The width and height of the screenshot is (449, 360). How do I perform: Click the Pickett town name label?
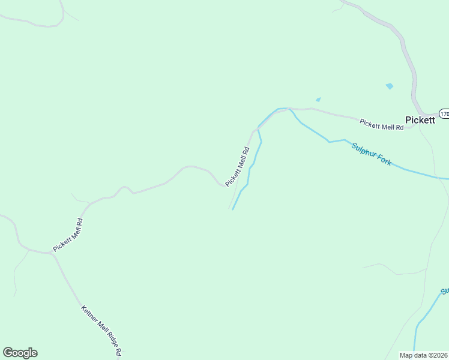pos(420,120)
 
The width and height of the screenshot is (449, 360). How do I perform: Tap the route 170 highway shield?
pos(444,113)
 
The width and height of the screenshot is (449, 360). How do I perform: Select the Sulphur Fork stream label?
pos(372,154)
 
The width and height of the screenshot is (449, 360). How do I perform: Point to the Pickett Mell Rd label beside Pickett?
pos(381,125)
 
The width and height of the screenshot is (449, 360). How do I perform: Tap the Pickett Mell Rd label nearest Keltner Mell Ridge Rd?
pos(67,235)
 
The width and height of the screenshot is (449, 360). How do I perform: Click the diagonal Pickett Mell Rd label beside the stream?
pos(237,166)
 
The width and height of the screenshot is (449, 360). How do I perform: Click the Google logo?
pos(20,353)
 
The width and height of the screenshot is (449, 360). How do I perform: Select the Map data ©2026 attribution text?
pos(424,355)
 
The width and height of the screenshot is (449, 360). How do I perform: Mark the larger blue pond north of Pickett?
pos(390,86)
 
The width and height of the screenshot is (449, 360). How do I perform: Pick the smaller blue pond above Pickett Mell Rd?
pos(318,100)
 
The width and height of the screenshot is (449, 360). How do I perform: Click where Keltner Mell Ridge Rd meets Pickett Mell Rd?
pos(52,253)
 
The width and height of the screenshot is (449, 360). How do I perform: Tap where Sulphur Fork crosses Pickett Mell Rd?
pos(290,109)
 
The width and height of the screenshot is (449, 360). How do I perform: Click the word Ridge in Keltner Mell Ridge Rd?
pos(109,340)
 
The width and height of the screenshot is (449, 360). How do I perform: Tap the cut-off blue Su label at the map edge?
pos(445,292)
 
